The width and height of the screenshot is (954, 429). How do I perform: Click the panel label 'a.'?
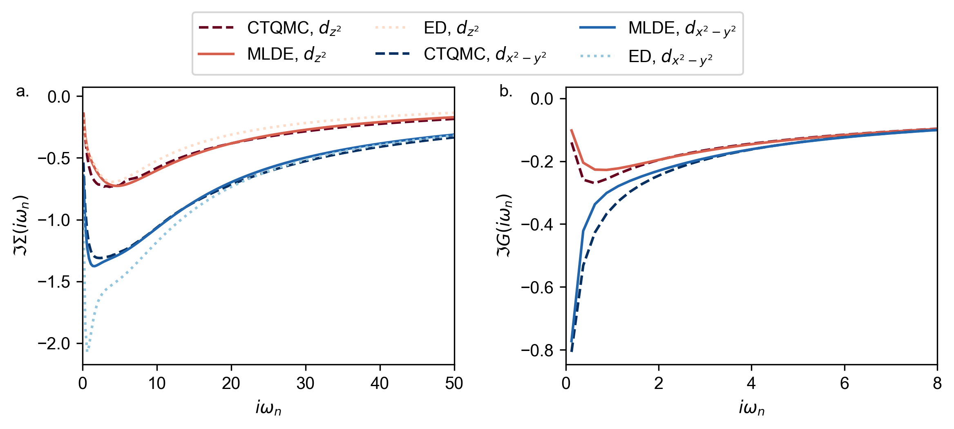pos(22,92)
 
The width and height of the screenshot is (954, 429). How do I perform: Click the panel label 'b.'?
pos(506,92)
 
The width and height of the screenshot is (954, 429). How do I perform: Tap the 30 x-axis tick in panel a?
pos(306,383)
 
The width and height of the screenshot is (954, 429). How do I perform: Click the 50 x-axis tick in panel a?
pos(454,383)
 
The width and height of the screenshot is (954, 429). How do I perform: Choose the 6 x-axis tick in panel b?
pos(844,383)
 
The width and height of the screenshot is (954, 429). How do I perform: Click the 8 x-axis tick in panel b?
pos(937,383)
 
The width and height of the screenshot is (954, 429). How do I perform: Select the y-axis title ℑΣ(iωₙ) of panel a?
pos(21,226)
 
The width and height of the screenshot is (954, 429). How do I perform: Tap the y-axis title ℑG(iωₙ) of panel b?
pos(504,226)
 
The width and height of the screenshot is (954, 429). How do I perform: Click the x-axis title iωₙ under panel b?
pos(751,408)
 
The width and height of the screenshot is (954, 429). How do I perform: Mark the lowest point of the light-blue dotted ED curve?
pos(87,351)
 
